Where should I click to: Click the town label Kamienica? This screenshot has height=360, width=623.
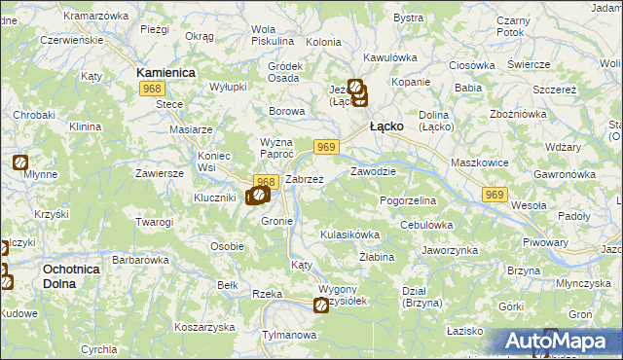(166, 73)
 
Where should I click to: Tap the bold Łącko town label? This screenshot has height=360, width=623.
(386, 126)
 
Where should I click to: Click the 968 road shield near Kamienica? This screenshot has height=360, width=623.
(151, 89)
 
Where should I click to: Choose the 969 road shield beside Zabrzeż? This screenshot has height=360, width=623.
(326, 147)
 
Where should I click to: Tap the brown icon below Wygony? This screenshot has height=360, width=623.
(321, 306)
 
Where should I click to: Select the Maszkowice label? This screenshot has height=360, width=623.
(473, 150)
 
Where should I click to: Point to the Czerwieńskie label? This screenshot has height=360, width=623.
(71, 41)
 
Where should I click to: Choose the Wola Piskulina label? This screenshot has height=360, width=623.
(273, 35)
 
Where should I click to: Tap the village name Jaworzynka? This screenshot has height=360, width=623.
(449, 250)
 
